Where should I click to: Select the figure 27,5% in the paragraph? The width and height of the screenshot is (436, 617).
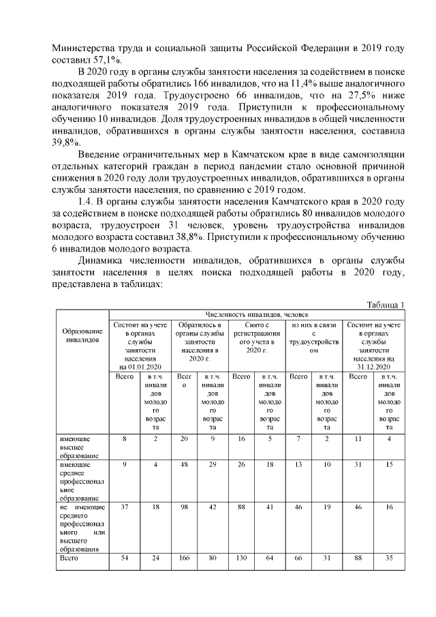pyautogui.click(x=352, y=95)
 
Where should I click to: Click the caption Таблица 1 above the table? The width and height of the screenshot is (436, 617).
pyautogui.click(x=386, y=305)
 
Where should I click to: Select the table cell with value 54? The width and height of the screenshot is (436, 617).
pyautogui.click(x=125, y=558)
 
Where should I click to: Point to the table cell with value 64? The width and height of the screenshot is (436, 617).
pyautogui.click(x=270, y=558)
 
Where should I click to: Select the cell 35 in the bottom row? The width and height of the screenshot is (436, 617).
pyautogui.click(x=389, y=558)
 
